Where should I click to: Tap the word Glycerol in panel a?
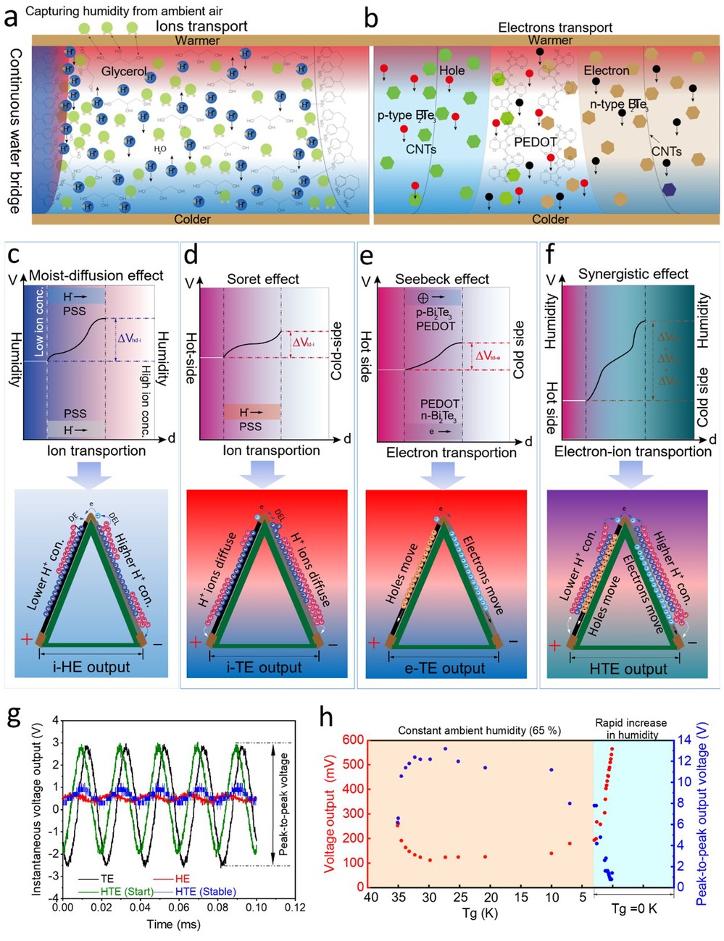click(124, 71)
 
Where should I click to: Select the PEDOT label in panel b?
click(535, 142)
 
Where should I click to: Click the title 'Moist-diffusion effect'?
click(96, 276)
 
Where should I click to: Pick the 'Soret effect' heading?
click(262, 279)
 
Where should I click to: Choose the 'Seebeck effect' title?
click(442, 279)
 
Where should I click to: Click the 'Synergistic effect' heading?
click(633, 275)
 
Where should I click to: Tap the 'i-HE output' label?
click(91, 667)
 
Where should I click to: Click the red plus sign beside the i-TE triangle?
click(195, 643)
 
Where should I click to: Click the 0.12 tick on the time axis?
click(294, 907)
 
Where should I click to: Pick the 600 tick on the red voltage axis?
click(353, 740)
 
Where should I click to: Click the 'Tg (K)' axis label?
click(479, 913)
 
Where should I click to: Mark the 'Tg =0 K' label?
click(634, 908)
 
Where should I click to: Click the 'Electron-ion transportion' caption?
click(632, 452)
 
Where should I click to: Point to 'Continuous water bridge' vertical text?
click(14, 131)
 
